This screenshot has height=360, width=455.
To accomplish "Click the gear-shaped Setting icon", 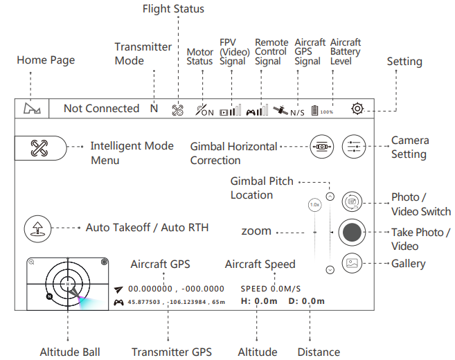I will coord(357,109).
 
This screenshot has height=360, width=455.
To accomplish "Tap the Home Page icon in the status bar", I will coord(32,109).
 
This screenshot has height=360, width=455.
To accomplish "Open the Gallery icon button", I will coord(352,263).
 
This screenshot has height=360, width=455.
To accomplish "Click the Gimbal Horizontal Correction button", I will coord(321,147).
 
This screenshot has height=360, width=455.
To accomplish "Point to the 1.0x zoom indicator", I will coord(314,205).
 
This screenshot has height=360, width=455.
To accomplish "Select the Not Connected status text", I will coord(101,109).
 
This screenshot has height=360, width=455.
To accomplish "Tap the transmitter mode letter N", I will coord(154,109).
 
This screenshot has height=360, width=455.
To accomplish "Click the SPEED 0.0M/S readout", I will coord(271,288).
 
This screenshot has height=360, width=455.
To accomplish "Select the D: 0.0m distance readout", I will coord(307,301).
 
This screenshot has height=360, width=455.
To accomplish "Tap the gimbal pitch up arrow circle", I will coord(330,197).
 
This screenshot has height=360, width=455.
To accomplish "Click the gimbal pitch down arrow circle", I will coord(330,269).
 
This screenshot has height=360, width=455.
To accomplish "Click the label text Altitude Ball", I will coord(69,352).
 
